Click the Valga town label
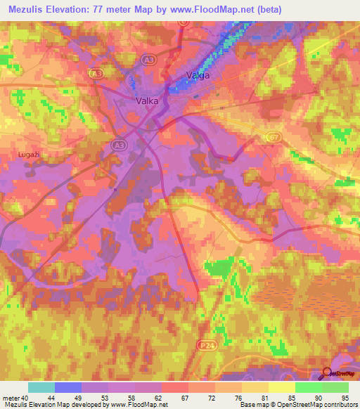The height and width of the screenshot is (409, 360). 198,75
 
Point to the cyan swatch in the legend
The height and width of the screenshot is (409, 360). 41,387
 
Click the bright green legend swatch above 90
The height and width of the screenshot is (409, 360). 309,387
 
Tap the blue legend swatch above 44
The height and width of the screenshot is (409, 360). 68,387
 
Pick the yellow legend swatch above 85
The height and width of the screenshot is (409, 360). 282,387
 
